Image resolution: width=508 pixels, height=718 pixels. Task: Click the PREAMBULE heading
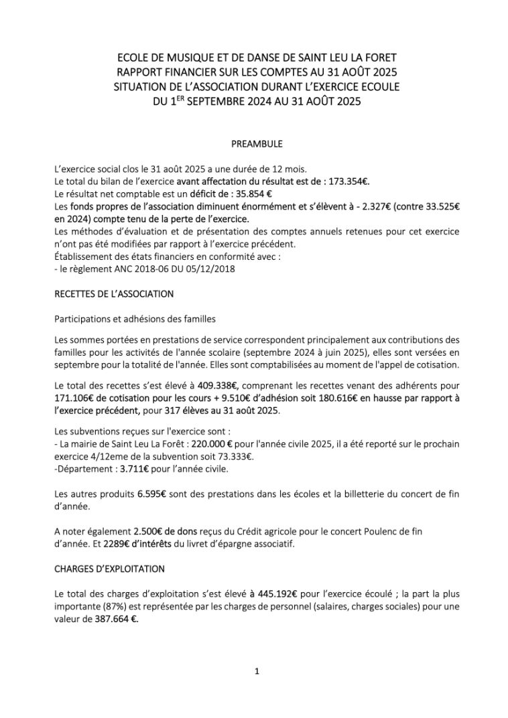pos(257,143)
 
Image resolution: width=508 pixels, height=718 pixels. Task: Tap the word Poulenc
pos(368,530)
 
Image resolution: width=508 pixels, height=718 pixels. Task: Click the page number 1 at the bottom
pos(257,671)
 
